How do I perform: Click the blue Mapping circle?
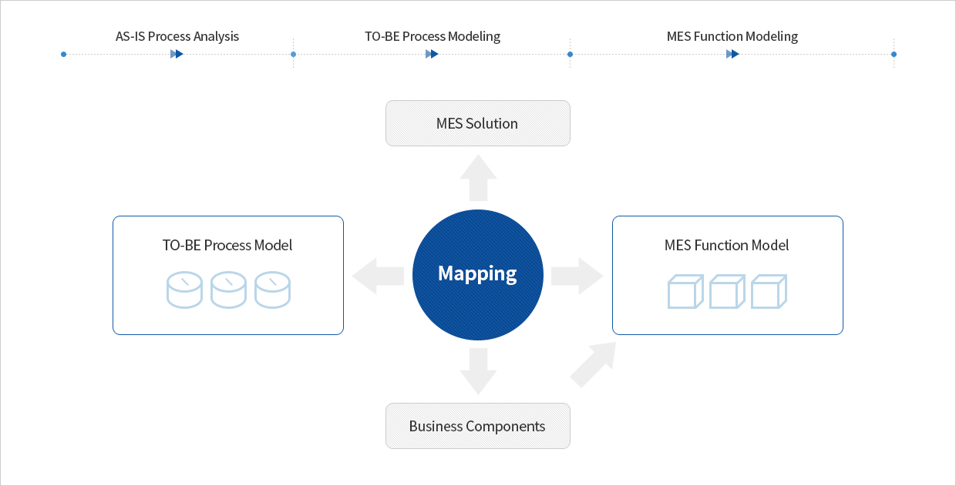(477, 275)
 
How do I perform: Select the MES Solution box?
(477, 123)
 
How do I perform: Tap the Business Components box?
(477, 426)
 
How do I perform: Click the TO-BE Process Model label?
(227, 245)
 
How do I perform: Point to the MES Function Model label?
(726, 245)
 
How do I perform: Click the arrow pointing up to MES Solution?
(478, 177)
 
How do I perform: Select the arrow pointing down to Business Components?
(478, 371)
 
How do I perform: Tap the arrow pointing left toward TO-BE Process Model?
(378, 276)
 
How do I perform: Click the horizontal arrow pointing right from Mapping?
(577, 276)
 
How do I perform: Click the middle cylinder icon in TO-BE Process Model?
(228, 290)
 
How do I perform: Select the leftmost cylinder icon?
(184, 290)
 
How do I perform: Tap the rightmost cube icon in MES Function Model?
(769, 291)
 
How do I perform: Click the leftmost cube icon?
(685, 291)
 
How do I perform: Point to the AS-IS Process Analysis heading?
(177, 37)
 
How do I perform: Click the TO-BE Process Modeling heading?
(433, 37)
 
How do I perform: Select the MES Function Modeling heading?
(732, 37)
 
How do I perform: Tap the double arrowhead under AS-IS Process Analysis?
(177, 54)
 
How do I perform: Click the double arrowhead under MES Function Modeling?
(732, 54)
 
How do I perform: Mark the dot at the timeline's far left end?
(63, 54)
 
